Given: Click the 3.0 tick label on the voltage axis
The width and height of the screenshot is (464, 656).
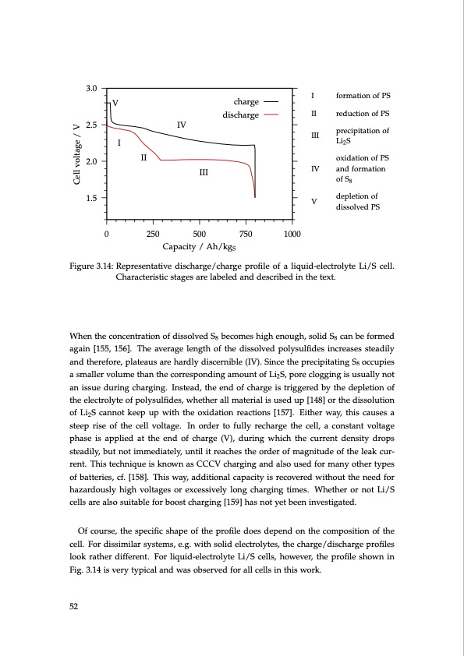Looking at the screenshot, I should point(90,88).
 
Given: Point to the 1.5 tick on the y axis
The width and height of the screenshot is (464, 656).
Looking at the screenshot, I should point(90,198).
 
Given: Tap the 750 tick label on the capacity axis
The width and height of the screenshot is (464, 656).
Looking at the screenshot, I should point(246,235).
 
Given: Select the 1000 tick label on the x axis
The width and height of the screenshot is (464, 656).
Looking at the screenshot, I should point(292,235).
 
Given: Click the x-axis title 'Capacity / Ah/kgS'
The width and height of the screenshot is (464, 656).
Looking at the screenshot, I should point(200,247).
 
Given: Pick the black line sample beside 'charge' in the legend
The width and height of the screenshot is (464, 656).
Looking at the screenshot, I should point(271,102).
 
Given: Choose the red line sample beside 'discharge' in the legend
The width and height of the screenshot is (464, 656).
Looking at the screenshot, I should point(271,115).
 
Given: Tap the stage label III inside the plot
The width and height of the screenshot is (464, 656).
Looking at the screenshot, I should point(203,172).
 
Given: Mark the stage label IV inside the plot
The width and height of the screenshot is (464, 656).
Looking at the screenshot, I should point(181,125).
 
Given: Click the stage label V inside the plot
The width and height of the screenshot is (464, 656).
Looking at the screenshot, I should point(115,103).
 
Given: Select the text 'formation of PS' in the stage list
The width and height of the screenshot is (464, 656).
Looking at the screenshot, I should point(363,96).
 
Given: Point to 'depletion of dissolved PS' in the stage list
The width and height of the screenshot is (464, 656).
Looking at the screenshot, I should point(357,202).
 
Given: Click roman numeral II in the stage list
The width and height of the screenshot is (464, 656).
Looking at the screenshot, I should point(313,115).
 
